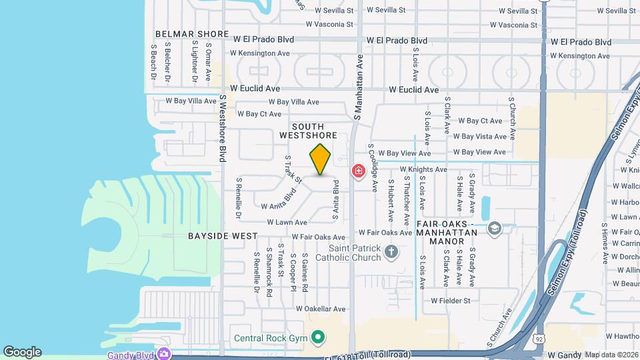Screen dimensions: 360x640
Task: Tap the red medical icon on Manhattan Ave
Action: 359,172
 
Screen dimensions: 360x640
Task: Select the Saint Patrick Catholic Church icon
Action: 391,251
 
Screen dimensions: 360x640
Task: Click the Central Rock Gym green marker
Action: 318,337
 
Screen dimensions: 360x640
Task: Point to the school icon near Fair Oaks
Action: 494,229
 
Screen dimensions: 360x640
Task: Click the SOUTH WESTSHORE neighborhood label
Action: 307,131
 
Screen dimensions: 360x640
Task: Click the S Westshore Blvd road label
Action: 223,128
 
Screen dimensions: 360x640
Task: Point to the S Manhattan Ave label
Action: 357,87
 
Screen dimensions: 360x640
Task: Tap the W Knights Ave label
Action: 423,169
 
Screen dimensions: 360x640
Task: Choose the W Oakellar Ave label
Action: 321,309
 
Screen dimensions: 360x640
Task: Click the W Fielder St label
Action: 450,301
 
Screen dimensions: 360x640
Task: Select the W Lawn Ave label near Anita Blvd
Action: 287,222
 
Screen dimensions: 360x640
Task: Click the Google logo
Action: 22,352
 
